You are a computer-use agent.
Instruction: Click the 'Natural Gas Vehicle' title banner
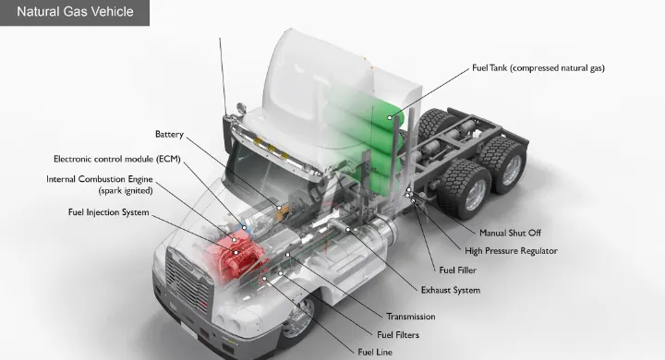pyautogui.click(x=75, y=12)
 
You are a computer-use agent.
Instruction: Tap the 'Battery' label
pyautogui.click(x=169, y=135)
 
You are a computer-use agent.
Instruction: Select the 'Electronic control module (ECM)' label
pyautogui.click(x=117, y=159)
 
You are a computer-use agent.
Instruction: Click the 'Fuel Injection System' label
pyautogui.click(x=109, y=212)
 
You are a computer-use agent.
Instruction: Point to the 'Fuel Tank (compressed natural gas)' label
pyautogui.click(x=538, y=67)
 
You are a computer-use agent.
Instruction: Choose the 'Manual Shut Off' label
pyautogui.click(x=510, y=233)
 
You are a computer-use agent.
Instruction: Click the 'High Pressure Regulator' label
pyautogui.click(x=511, y=251)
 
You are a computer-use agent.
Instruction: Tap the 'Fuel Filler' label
pyautogui.click(x=457, y=270)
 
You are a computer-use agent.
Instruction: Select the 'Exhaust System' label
pyautogui.click(x=451, y=291)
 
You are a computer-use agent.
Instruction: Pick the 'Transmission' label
pyautogui.click(x=410, y=317)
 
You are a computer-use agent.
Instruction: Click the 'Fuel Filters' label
pyautogui.click(x=398, y=335)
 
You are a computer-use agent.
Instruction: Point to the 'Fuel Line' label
pyautogui.click(x=375, y=353)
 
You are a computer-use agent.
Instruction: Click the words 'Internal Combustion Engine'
pyautogui.click(x=99, y=179)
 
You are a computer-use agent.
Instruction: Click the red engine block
pyautogui.click(x=236, y=255)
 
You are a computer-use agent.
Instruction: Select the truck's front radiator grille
pyautogui.click(x=188, y=281)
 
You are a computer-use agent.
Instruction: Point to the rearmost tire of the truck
pyautogui.click(x=504, y=164)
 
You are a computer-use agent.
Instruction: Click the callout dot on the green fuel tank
pyautogui.click(x=390, y=117)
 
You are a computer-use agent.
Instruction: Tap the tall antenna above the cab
pyautogui.click(x=224, y=77)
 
